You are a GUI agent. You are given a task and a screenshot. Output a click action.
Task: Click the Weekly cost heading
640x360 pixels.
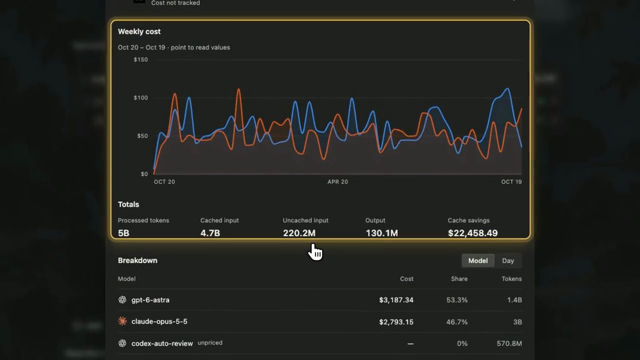[139, 31]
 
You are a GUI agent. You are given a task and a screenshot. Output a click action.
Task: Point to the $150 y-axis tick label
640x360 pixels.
[140, 59]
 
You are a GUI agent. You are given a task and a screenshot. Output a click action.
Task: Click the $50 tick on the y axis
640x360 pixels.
[142, 135]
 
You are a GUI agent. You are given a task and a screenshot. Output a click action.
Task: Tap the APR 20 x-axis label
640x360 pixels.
[337, 181]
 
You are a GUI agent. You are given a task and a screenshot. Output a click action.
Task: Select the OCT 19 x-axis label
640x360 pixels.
[511, 181]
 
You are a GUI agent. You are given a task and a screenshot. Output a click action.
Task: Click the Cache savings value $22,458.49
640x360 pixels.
[473, 233]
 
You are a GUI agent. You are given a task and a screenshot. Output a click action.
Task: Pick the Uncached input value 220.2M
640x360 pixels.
[299, 233]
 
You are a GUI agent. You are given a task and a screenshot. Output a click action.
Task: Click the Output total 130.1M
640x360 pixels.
[381, 233]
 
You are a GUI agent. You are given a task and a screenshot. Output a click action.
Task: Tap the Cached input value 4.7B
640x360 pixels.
[210, 233]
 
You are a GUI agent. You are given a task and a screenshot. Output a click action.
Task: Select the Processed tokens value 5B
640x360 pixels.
[123, 233]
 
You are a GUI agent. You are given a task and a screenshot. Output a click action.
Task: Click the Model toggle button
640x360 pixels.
[478, 260]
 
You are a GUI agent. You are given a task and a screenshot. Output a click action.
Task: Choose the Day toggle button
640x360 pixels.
[508, 260]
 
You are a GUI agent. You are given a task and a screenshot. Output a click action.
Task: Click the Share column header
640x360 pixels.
[459, 279]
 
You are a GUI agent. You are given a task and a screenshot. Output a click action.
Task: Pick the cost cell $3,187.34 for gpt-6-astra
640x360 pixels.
[396, 300]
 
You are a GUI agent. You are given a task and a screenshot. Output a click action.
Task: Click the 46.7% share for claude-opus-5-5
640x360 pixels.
[457, 322]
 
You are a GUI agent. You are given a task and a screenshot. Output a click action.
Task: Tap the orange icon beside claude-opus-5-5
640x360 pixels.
[122, 321]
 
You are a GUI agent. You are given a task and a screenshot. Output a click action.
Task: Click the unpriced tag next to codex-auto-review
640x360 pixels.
[210, 343]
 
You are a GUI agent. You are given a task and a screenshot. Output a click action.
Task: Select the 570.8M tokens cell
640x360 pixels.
[509, 343]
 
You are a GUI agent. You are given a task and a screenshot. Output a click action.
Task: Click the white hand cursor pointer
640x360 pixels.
[315, 251]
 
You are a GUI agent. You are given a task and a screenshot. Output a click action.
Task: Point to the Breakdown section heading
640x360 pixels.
[137, 260]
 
